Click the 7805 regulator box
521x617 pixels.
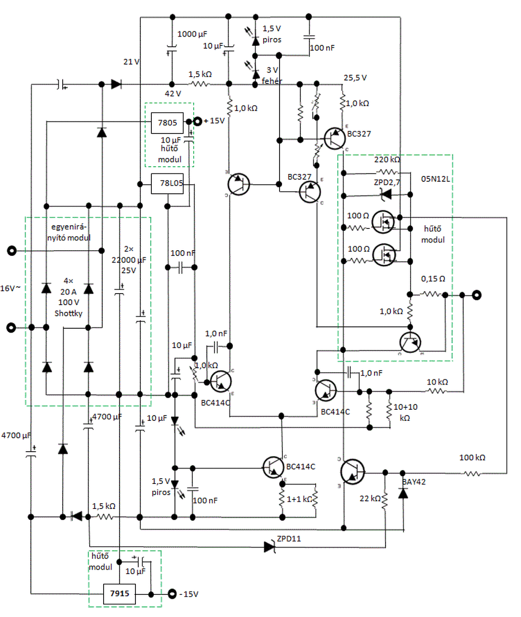click(x=167, y=123)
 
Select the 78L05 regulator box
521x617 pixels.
click(x=167, y=183)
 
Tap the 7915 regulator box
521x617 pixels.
click(x=120, y=593)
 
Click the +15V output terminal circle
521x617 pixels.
click(x=197, y=121)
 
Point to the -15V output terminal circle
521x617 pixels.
click(x=172, y=594)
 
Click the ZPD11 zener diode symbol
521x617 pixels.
click(x=269, y=547)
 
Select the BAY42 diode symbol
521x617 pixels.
click(x=403, y=493)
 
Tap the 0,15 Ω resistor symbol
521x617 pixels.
click(x=432, y=295)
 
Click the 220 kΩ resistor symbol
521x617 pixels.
click(x=387, y=172)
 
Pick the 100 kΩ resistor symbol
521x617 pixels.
click(x=472, y=474)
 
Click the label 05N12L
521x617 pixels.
click(x=435, y=179)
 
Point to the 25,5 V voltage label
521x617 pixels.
click(x=355, y=78)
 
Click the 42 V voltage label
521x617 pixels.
click(x=173, y=94)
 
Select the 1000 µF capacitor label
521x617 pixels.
click(x=192, y=34)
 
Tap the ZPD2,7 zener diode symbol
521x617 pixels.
click(x=386, y=195)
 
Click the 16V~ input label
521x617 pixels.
click(x=10, y=288)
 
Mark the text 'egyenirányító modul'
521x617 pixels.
click(x=68, y=232)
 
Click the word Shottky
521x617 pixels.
click(x=68, y=313)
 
